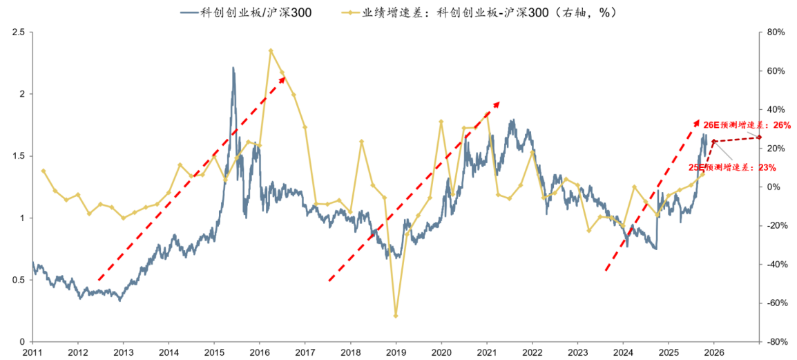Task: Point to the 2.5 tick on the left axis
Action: [x=19, y=32]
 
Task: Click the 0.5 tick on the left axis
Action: [x=19, y=280]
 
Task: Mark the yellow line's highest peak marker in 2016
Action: [x=270, y=50]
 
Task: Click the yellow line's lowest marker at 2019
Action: [x=396, y=316]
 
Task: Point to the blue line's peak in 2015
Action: [x=233, y=68]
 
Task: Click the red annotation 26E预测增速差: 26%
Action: [x=747, y=126]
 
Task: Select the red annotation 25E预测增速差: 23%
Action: [x=732, y=167]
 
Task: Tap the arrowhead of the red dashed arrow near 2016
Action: [x=282, y=78]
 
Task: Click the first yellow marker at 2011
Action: [x=44, y=171]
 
